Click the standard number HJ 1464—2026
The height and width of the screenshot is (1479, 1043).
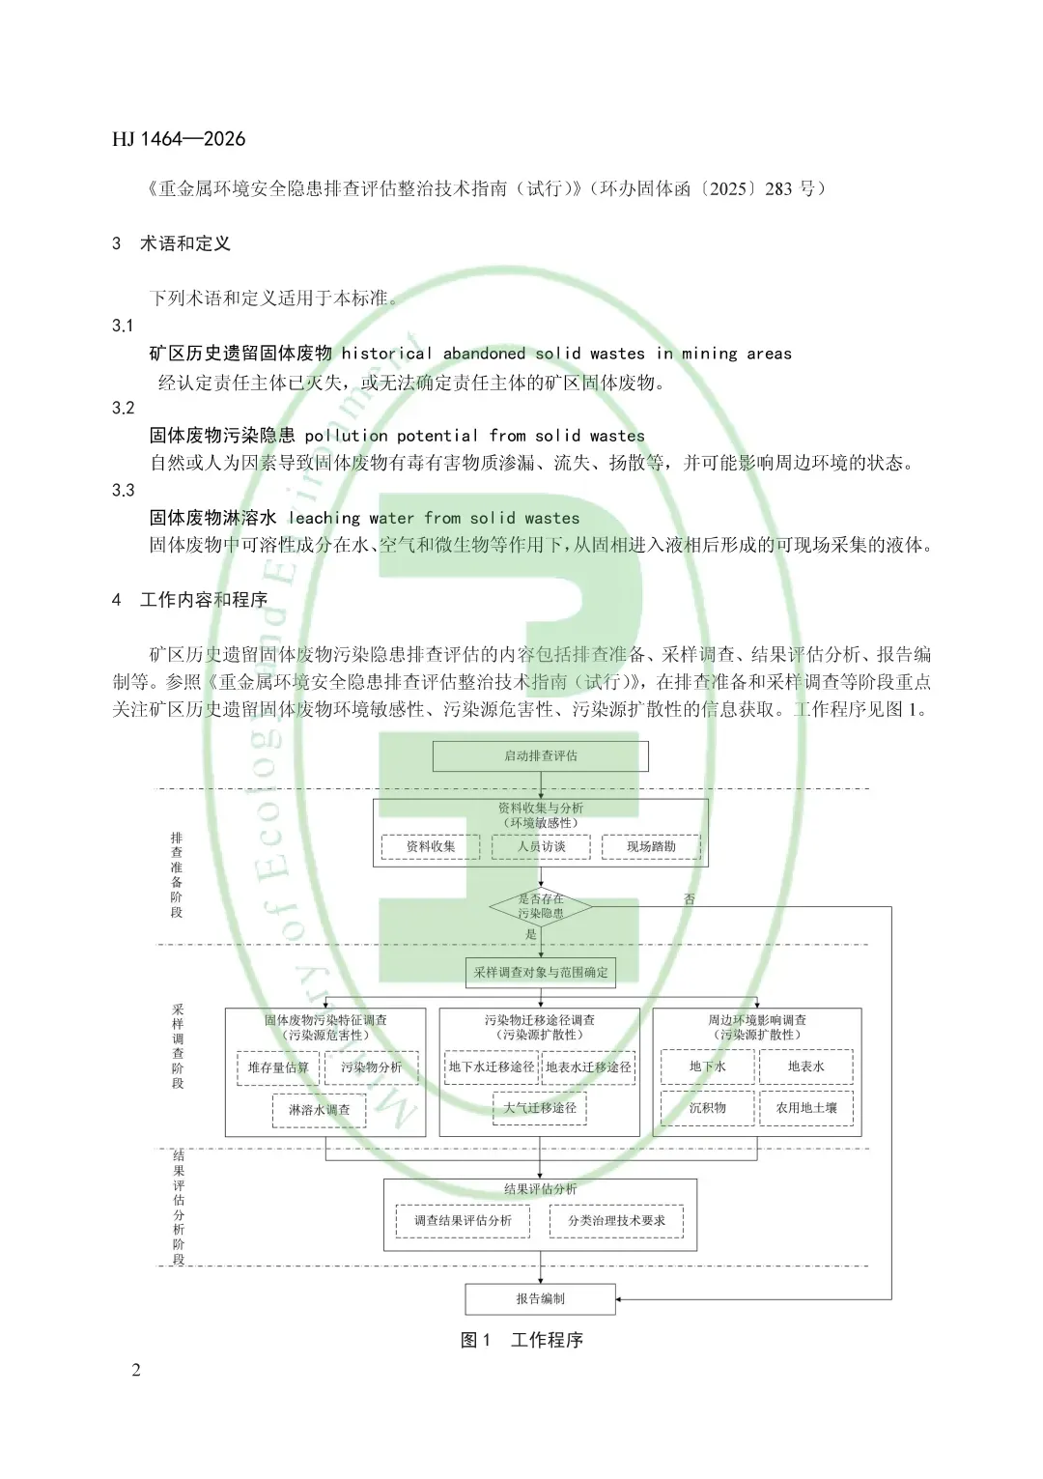coord(179,139)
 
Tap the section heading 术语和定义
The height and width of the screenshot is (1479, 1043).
coord(184,243)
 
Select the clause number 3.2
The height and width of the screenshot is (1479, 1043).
coord(123,408)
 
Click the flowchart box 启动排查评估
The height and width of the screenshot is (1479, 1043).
coord(540,756)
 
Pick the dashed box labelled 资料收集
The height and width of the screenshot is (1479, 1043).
coord(431,847)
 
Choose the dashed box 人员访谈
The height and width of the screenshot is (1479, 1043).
coord(541,847)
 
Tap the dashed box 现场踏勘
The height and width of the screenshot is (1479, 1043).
coord(651,847)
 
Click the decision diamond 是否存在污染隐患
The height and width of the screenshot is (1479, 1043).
coord(540,906)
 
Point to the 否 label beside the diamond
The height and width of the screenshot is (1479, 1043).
coord(690,899)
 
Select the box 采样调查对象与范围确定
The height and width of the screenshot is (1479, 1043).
coord(541,973)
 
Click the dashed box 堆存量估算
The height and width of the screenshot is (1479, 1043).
coord(278,1067)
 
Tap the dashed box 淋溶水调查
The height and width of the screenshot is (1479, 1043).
coord(320,1110)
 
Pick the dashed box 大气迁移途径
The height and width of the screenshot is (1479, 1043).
coord(540,1108)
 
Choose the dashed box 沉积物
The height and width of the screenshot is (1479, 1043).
coord(708,1108)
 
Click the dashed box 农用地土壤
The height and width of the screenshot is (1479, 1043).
coord(806,1108)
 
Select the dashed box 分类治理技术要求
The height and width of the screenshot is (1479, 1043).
coord(616,1221)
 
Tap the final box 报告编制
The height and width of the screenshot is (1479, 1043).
coord(540,1299)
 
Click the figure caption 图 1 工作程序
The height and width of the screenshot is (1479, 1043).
coord(521,1340)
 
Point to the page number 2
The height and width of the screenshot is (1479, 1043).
coord(136,1370)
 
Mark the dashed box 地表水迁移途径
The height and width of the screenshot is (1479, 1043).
coord(588,1067)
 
